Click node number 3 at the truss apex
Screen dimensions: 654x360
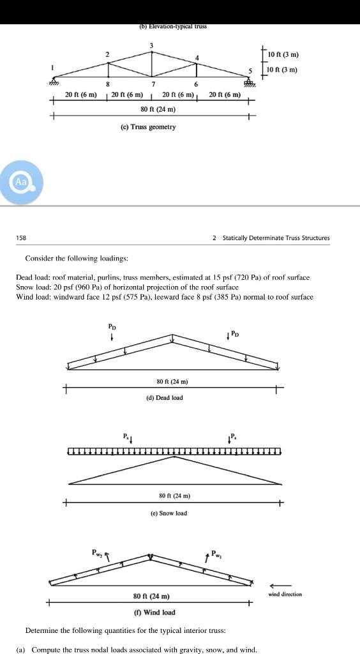click(x=151, y=45)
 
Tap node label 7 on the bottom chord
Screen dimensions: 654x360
click(x=153, y=84)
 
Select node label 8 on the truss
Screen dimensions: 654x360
click(x=107, y=84)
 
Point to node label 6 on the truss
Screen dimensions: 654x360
click(x=196, y=84)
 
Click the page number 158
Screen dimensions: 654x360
click(x=22, y=238)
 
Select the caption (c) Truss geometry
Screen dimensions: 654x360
click(x=148, y=127)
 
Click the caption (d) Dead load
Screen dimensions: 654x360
click(x=165, y=397)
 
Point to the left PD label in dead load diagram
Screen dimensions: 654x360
click(x=112, y=326)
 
